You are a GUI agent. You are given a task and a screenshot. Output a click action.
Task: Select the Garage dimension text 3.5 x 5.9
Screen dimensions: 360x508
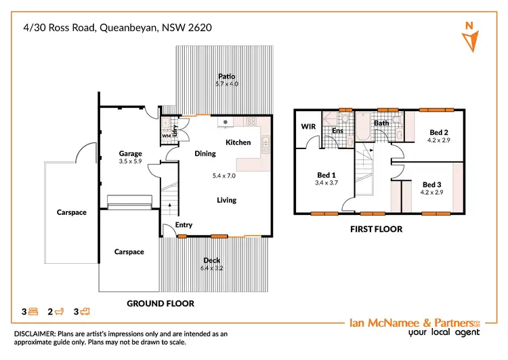coord(130,162)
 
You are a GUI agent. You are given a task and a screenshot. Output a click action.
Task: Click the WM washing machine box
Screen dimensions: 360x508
coord(166,136)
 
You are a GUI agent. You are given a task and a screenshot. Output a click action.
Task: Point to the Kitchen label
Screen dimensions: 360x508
coord(238,142)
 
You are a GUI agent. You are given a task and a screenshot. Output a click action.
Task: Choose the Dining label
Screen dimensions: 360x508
coord(205,154)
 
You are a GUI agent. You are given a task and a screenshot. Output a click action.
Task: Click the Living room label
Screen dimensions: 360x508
coord(226,200)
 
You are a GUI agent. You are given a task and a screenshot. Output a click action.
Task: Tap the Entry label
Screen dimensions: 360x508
coord(184,224)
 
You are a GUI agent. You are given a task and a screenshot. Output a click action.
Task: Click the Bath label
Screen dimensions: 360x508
coord(381,123)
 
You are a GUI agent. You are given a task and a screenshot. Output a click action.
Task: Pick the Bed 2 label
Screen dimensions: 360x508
coord(439,132)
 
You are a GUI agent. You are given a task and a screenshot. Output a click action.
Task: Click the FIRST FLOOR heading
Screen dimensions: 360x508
coord(376,229)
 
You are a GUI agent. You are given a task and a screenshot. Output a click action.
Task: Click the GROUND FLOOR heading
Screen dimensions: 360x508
coord(161,304)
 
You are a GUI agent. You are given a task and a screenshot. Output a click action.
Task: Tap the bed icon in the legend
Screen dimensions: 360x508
coord(33,312)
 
